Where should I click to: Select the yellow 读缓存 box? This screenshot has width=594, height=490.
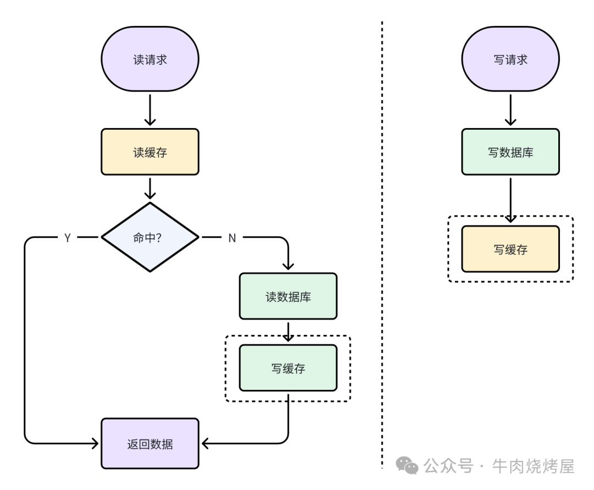(x=150, y=152)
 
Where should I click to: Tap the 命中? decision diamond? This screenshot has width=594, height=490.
(x=150, y=237)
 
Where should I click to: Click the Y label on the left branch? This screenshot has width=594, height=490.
(x=67, y=238)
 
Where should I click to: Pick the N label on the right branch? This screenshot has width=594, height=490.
(x=232, y=238)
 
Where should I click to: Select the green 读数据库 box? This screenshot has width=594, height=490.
(x=288, y=296)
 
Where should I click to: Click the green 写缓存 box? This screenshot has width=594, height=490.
(x=288, y=368)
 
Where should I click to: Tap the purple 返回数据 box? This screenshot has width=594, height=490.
(x=150, y=443)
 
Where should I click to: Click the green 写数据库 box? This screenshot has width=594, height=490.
(x=510, y=152)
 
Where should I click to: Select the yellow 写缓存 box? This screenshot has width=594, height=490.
(x=510, y=249)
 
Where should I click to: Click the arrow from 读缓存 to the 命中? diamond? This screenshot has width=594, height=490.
(x=150, y=188)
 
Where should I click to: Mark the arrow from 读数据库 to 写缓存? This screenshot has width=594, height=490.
(x=288, y=332)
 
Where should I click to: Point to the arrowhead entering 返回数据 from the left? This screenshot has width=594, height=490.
(x=95, y=443)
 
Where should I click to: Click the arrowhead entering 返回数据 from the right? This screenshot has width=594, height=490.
(x=205, y=443)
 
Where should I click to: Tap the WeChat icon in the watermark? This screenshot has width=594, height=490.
(x=408, y=467)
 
